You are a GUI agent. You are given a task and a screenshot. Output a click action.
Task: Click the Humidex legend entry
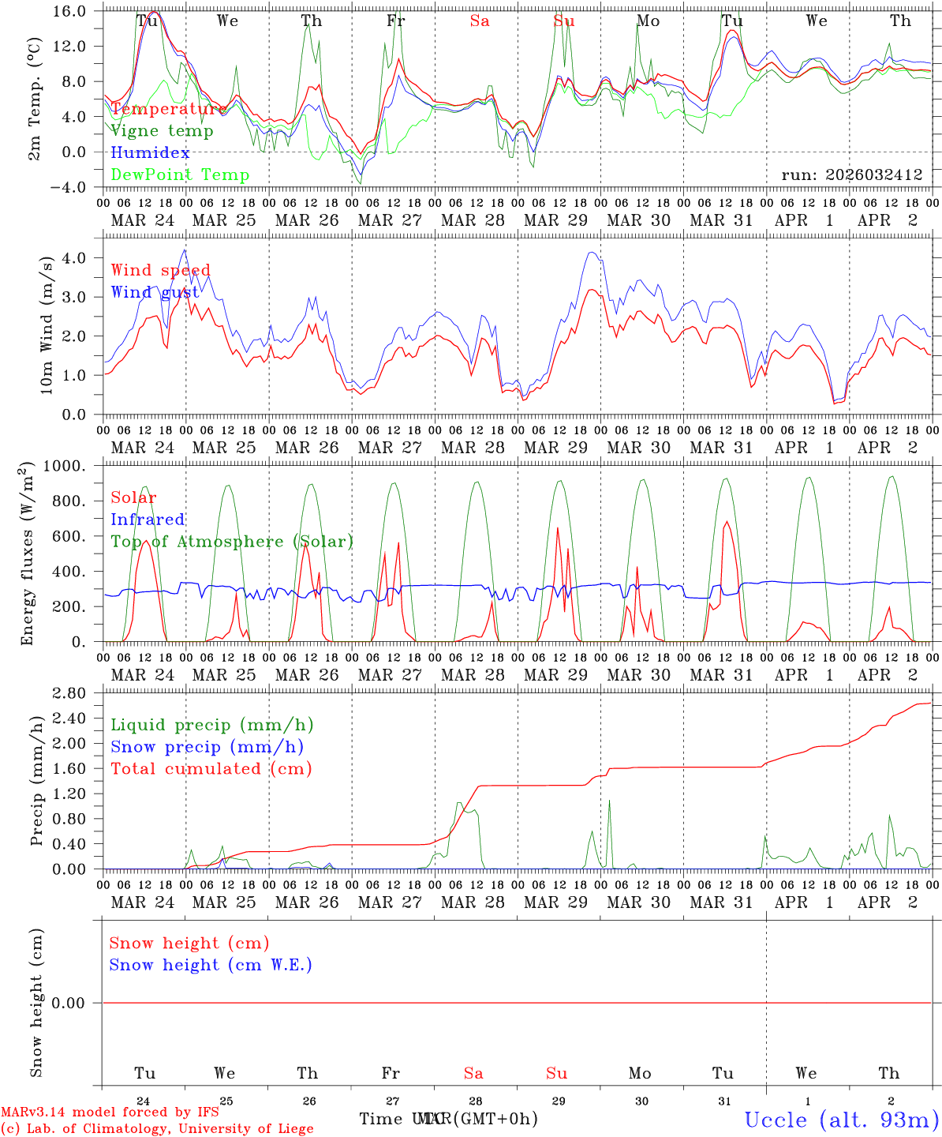point(150,153)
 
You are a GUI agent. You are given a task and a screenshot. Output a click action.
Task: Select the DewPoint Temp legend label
point(180,175)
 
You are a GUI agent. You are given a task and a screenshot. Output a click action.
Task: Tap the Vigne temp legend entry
point(162,131)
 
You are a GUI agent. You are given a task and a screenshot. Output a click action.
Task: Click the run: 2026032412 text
point(852,175)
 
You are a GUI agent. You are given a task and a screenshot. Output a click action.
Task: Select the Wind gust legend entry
point(155,292)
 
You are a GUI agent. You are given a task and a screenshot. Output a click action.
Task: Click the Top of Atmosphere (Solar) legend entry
point(232,542)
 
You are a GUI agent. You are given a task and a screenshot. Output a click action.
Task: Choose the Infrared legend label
point(148,520)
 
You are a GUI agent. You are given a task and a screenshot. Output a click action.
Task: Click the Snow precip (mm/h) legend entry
point(207,747)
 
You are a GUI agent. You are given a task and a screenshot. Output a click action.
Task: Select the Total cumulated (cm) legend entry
point(211,769)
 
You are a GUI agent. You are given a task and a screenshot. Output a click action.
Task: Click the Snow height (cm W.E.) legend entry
point(211,965)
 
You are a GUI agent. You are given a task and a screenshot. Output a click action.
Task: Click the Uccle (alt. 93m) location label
point(841,1120)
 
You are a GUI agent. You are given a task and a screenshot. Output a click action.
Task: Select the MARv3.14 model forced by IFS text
point(110,1113)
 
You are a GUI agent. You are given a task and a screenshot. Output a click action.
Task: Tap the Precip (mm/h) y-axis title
point(37,782)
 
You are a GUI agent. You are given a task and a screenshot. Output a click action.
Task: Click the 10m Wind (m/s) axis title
point(47,325)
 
